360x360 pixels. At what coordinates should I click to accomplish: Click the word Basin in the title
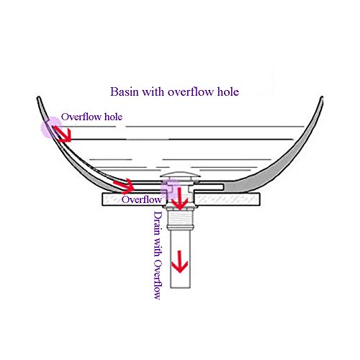pyautogui.click(x=125, y=91)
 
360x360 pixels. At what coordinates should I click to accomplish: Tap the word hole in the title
pyautogui.click(x=228, y=91)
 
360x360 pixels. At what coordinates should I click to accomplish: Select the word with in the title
pyautogui.click(x=153, y=91)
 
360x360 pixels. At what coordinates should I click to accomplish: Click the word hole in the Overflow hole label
pyautogui.click(x=113, y=117)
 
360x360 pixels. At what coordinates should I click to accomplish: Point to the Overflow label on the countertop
pyautogui.click(x=141, y=199)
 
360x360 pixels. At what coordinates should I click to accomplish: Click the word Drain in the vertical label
pyautogui.click(x=158, y=223)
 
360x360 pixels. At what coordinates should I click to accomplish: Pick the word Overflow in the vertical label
pyautogui.click(x=158, y=279)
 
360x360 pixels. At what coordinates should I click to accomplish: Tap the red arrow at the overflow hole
pyautogui.click(x=63, y=134)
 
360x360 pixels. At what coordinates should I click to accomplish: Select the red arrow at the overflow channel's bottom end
pyautogui.click(x=124, y=186)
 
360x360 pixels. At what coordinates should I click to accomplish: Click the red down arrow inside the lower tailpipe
pyautogui.click(x=179, y=261)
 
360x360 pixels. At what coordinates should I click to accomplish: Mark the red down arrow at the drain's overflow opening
pyautogui.click(x=179, y=199)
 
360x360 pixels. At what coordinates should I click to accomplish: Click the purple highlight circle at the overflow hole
pyautogui.click(x=51, y=127)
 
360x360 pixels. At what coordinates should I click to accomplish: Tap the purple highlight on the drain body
pyautogui.click(x=170, y=189)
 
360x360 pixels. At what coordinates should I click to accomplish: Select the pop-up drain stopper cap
pyautogui.click(x=180, y=174)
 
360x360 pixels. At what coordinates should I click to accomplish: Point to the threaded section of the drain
pyautogui.click(x=179, y=220)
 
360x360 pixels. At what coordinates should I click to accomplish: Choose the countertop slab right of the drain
pyautogui.click(x=227, y=199)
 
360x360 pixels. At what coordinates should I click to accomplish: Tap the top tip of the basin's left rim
pyautogui.click(x=38, y=97)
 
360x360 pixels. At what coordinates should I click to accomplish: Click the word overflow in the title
pyautogui.click(x=191, y=91)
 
